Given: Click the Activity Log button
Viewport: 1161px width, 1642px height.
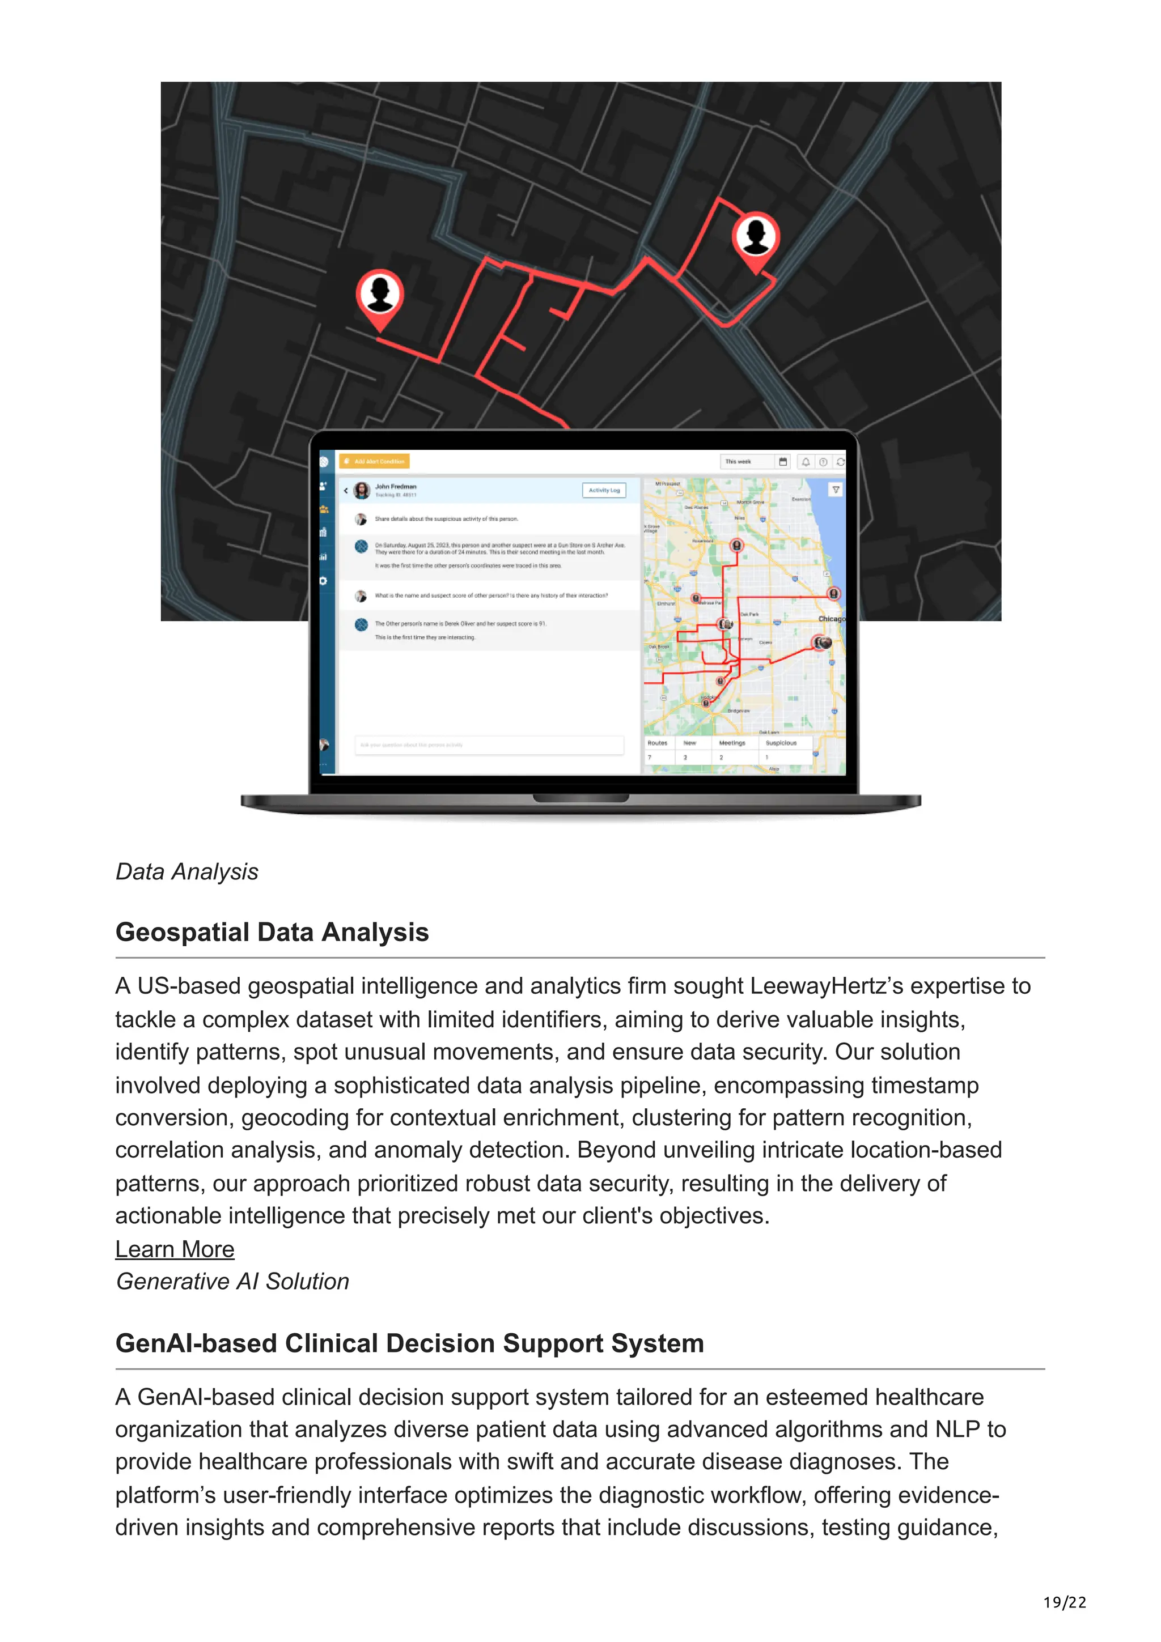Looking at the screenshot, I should coord(604,490).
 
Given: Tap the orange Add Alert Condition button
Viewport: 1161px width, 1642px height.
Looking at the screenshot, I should coord(375,461).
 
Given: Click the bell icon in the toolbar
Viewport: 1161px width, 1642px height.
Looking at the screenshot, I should coord(806,462).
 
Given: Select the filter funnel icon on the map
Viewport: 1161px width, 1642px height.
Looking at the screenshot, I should coord(835,490).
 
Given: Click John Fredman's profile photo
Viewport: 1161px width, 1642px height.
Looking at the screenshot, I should coord(362,490).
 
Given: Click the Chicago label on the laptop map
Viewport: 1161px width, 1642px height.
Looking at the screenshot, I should coord(831,619).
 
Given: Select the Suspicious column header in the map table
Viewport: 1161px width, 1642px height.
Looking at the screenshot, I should coord(781,743).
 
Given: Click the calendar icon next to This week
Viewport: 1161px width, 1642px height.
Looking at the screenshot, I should coord(782,462).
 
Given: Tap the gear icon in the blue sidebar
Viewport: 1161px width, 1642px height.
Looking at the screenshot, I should coord(323,581).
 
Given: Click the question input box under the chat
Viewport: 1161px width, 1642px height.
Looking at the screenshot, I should coord(489,745).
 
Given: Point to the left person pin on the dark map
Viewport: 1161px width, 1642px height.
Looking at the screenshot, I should coord(380,294).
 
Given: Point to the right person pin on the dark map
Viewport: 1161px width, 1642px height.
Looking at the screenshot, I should coord(756,236).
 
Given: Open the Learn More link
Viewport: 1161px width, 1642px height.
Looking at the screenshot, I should coord(175,1249).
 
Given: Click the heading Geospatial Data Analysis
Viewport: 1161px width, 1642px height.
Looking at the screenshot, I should coord(272,932).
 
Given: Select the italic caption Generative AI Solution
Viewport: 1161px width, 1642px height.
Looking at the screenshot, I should coord(232,1281).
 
